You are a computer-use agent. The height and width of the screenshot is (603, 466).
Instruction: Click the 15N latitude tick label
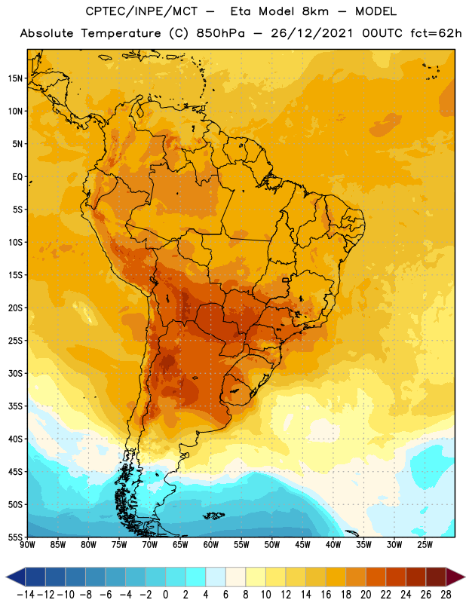coord(15,78)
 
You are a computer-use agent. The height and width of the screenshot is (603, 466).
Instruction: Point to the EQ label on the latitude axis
coord(17,177)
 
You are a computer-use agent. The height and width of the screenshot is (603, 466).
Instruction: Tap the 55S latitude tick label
coord(15,537)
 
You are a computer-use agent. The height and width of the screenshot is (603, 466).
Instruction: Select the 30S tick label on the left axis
coord(15,373)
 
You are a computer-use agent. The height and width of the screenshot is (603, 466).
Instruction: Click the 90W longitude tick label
coord(27,545)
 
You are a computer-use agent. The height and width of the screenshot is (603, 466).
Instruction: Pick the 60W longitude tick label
coord(211,545)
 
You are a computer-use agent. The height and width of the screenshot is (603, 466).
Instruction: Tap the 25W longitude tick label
coord(425,545)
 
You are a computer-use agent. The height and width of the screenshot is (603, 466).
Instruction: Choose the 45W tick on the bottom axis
coord(302,545)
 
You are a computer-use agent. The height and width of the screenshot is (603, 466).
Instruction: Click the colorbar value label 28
coord(446,595)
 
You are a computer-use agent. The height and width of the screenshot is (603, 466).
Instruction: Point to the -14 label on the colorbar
coord(26,595)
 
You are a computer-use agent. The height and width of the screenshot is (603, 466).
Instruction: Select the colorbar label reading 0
coord(166,595)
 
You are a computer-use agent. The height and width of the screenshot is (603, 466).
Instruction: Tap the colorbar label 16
coord(326,595)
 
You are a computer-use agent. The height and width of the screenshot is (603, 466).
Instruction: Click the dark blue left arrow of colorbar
coord(16,577)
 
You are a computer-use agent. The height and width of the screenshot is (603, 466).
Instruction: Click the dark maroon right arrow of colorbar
coord(455,577)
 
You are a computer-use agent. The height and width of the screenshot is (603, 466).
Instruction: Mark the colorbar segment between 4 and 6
coord(216,577)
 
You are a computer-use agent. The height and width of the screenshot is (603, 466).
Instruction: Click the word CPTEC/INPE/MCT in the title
coord(141,11)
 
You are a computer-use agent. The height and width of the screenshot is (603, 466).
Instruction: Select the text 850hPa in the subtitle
coord(220,33)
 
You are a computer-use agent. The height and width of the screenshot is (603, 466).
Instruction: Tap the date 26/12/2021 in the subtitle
coord(311,33)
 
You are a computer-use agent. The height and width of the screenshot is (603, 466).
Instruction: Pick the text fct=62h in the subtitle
coord(436,33)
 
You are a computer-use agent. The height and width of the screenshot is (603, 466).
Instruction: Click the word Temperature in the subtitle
coord(121,33)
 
